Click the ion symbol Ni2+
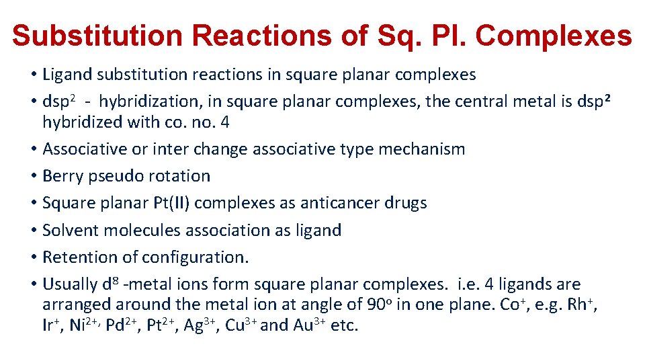[x=85, y=325]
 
